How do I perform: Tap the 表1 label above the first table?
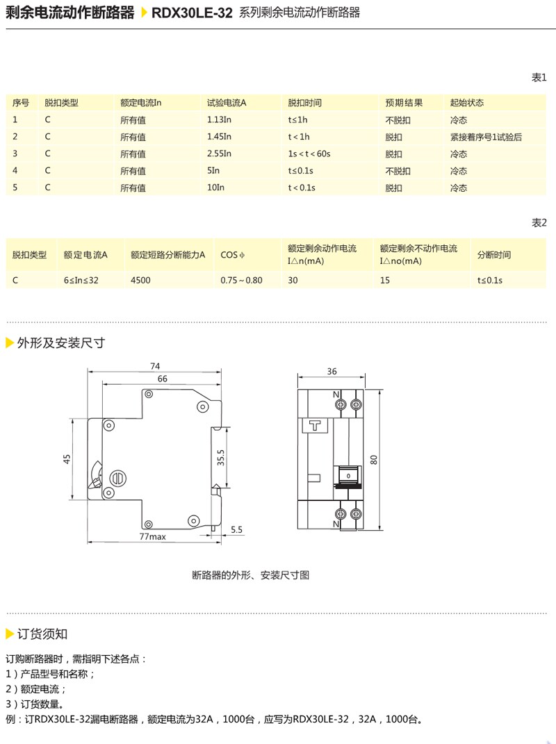tap(539, 77)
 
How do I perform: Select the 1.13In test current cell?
tap(219, 119)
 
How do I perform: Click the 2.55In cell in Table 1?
tap(219, 154)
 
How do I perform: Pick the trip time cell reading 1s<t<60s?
tap(309, 154)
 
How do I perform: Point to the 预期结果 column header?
tap(404, 103)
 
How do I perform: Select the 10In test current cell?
tap(215, 188)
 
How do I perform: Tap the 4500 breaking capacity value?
tap(140, 280)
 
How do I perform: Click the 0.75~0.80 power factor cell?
tap(241, 280)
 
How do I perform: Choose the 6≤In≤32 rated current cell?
tap(81, 280)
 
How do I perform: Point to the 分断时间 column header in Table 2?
tap(493, 255)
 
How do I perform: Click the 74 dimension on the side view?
tap(155, 366)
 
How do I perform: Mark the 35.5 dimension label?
tap(220, 458)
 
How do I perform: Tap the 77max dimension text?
tap(152, 536)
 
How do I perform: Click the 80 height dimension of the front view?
tap(374, 459)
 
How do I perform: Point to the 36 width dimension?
tap(332, 372)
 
